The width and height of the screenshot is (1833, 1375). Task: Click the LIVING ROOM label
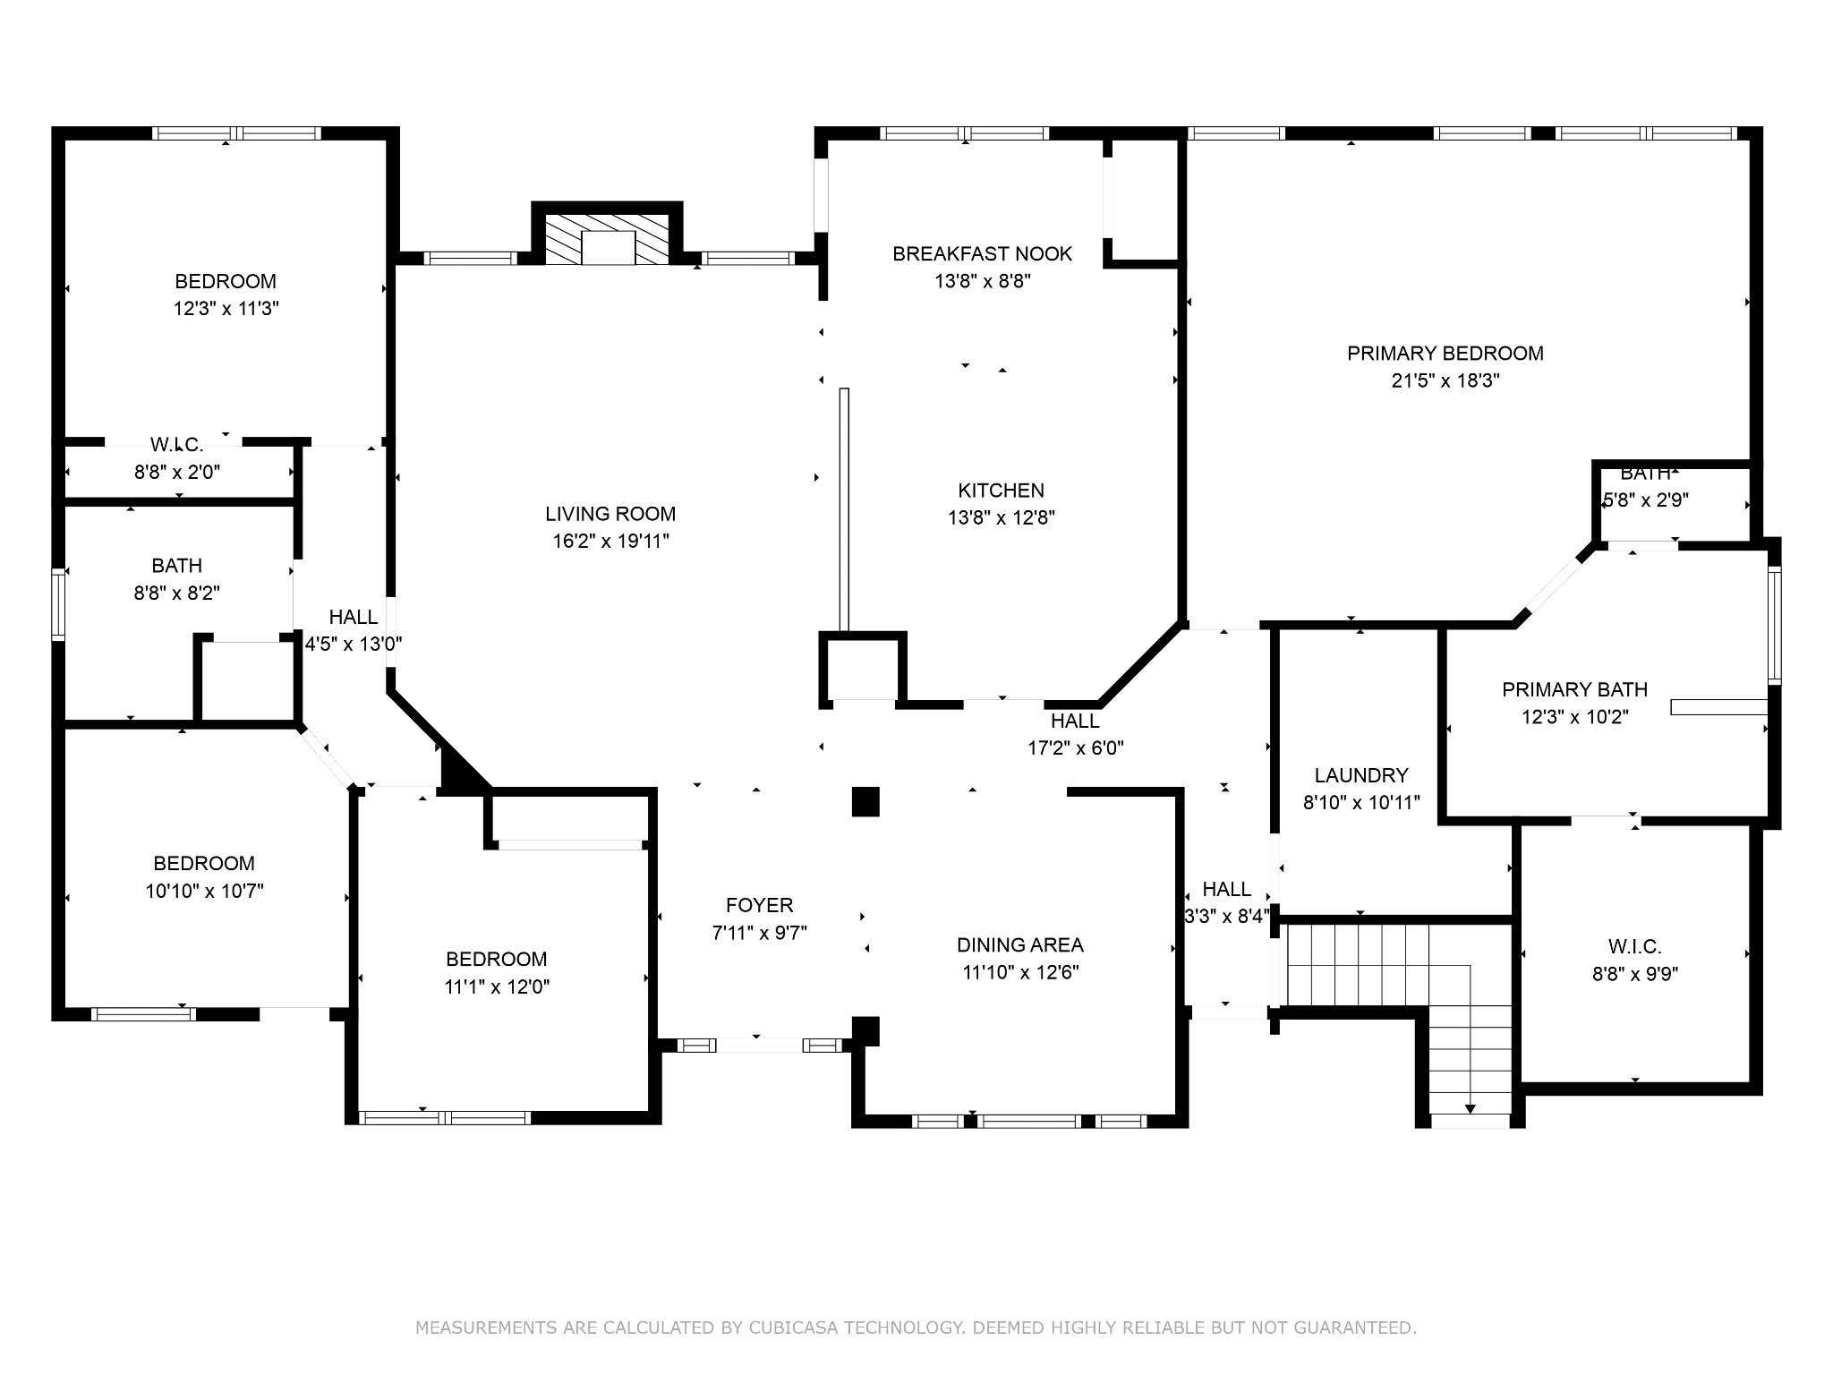pos(610,514)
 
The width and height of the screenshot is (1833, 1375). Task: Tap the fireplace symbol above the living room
pos(608,239)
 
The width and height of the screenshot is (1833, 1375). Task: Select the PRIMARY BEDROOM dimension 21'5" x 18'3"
pos(1445,380)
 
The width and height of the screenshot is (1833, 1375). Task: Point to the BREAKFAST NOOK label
pos(982,254)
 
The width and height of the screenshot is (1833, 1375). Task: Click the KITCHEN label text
pos(1001,491)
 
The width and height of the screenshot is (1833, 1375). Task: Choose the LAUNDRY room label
pos(1361,775)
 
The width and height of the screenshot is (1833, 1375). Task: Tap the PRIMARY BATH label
pos(1574,689)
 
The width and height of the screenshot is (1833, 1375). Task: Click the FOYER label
pos(759,905)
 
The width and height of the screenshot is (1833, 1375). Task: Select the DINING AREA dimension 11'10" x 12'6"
pos(1020,972)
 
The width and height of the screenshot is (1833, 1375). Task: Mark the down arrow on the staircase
pos(1470,1108)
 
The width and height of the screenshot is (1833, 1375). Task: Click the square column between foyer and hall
pos(865,801)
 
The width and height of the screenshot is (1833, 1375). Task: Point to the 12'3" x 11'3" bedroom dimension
pos(226,309)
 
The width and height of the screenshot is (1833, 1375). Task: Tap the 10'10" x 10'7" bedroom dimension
pos(204,891)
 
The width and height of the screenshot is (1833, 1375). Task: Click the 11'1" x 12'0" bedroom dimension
pos(497,986)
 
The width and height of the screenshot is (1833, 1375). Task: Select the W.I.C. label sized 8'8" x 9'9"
pos(1634,946)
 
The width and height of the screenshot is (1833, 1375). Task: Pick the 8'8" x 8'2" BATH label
pos(176,566)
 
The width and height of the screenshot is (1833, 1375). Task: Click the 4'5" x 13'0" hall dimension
pos(354,644)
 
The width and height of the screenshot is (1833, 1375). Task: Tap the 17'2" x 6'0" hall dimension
pos(1075,748)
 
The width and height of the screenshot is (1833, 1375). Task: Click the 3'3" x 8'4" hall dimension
pos(1227,916)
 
